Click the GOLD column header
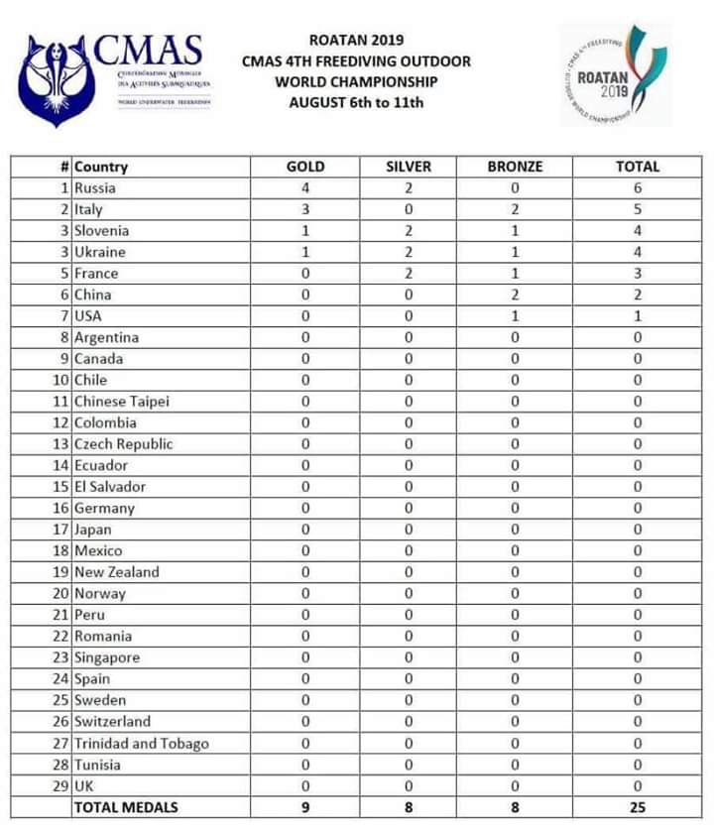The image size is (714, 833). tap(304, 167)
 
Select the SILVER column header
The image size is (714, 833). tap(409, 167)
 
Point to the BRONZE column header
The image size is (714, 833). tap(515, 167)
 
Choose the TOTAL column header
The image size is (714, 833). tap(637, 167)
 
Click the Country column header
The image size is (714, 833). tap(101, 167)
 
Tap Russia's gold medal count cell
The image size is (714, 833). tap(304, 188)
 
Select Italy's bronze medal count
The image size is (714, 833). tap(515, 209)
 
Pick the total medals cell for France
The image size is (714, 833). tap(637, 274)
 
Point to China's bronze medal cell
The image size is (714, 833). tap(515, 295)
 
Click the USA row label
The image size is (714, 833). tap(89, 316)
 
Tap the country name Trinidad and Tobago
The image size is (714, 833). tap(141, 744)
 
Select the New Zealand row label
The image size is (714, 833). tap(116, 572)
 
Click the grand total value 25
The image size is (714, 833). tap(637, 808)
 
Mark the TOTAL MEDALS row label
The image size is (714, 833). tap(125, 808)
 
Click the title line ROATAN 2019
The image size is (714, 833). tap(356, 41)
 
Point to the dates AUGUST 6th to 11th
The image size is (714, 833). tap(356, 102)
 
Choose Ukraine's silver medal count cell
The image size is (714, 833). tap(409, 252)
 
